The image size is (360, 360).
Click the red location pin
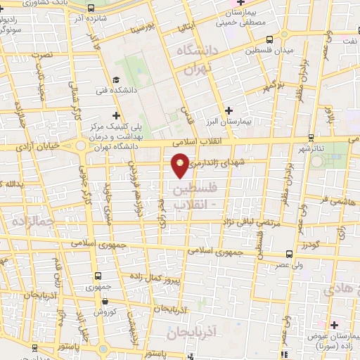point(180,165)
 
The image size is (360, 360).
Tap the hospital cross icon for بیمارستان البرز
point(229,110)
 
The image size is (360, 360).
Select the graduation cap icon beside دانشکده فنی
point(117,80)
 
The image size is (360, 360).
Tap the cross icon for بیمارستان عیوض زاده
point(334,324)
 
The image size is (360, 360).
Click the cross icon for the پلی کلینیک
point(117,115)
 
